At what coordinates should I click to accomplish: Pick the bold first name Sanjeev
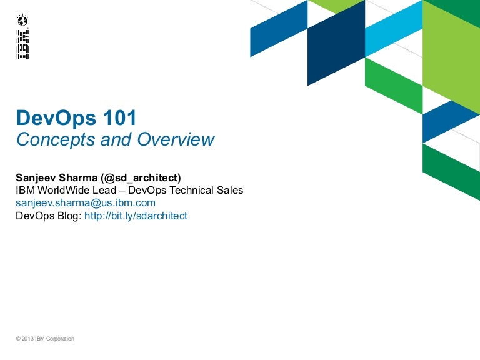tap(36, 177)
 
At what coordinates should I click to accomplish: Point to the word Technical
tap(191, 190)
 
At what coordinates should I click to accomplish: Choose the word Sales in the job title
tap(231, 190)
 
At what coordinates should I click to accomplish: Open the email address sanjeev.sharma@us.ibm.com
tap(85, 203)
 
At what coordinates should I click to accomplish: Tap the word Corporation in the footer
tap(61, 339)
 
